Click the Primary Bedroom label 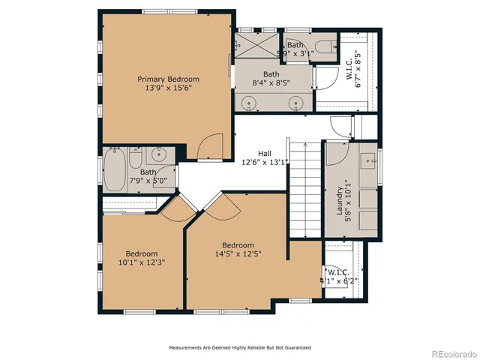click(x=168, y=79)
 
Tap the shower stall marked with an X click(x=256, y=46)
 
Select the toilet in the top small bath click(x=324, y=49)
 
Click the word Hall click(x=265, y=151)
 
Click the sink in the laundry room click(x=369, y=160)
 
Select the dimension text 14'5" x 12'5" click(x=238, y=254)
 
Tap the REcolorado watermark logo click(x=448, y=352)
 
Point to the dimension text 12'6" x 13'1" click(x=265, y=161)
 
